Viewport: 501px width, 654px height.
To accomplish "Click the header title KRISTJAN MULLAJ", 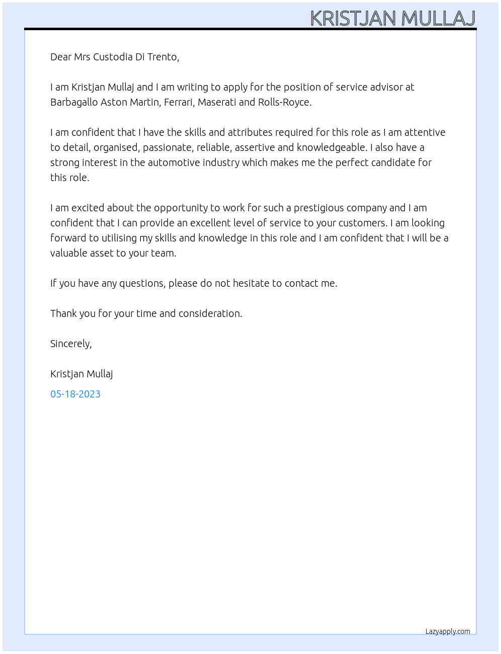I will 392,18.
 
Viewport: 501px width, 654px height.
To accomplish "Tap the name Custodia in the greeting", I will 113,57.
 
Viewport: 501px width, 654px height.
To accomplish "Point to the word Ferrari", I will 179,102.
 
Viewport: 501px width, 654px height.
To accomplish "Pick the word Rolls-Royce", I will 284,102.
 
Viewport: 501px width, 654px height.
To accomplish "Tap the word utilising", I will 119,238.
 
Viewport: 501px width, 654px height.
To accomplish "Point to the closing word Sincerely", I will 70,344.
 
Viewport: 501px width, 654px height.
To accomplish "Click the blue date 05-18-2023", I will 75,394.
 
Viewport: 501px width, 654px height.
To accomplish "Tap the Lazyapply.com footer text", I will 448,632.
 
